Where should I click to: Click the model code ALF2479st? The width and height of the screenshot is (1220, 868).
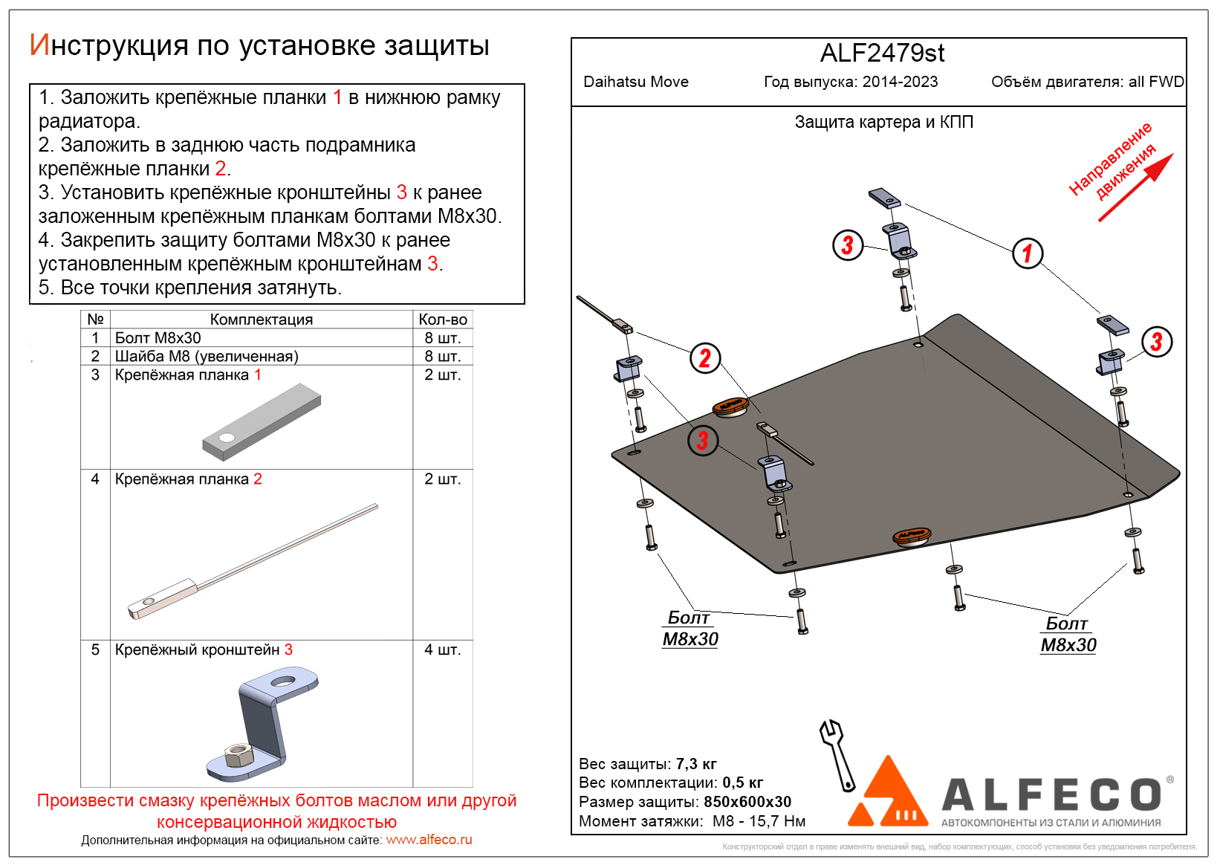[882, 54]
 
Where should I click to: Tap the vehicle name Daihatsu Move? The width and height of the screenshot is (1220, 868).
[636, 82]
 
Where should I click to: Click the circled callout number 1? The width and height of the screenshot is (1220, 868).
[1028, 253]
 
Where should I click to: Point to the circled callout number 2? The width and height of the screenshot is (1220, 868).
[705, 358]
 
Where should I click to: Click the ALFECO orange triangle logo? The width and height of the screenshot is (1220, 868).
[888, 795]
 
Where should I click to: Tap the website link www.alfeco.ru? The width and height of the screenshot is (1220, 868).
[429, 840]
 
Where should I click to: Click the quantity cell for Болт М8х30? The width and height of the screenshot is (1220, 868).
[442, 338]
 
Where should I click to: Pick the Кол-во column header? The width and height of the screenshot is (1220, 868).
[442, 320]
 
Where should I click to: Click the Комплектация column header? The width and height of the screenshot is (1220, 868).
[261, 320]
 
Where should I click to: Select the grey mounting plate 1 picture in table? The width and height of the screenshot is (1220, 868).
[262, 421]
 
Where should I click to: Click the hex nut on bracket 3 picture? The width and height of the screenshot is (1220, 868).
[239, 756]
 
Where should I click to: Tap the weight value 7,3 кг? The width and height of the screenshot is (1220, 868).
[696, 764]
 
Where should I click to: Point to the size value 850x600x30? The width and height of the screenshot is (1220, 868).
[747, 802]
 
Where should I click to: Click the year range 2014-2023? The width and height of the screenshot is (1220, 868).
[900, 82]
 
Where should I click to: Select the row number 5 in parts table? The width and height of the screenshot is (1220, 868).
[95, 650]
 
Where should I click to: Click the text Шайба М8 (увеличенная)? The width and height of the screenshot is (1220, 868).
[207, 357]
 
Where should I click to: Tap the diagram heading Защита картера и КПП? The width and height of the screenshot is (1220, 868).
[883, 122]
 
